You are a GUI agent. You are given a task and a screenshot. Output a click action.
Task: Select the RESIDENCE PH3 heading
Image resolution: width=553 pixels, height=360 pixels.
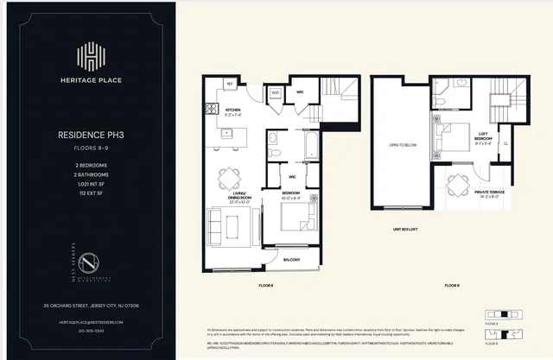[x=90, y=136]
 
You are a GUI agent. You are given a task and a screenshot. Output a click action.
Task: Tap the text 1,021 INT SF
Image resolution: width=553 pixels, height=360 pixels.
[x=90, y=186]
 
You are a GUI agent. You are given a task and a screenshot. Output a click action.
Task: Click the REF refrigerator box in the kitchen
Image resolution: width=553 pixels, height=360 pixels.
[x=230, y=84]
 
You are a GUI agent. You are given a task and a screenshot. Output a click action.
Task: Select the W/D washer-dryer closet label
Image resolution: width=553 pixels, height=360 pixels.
[x=275, y=92]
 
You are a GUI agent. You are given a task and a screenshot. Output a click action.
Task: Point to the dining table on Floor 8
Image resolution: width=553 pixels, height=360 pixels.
[x=230, y=178]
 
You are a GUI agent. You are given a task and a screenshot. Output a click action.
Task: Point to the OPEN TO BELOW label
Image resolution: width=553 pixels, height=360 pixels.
[x=404, y=144]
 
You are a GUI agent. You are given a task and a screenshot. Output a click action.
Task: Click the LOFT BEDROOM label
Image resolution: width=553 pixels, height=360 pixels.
[x=483, y=137]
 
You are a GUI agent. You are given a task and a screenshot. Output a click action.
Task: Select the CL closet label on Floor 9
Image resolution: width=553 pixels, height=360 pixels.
[x=505, y=143]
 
